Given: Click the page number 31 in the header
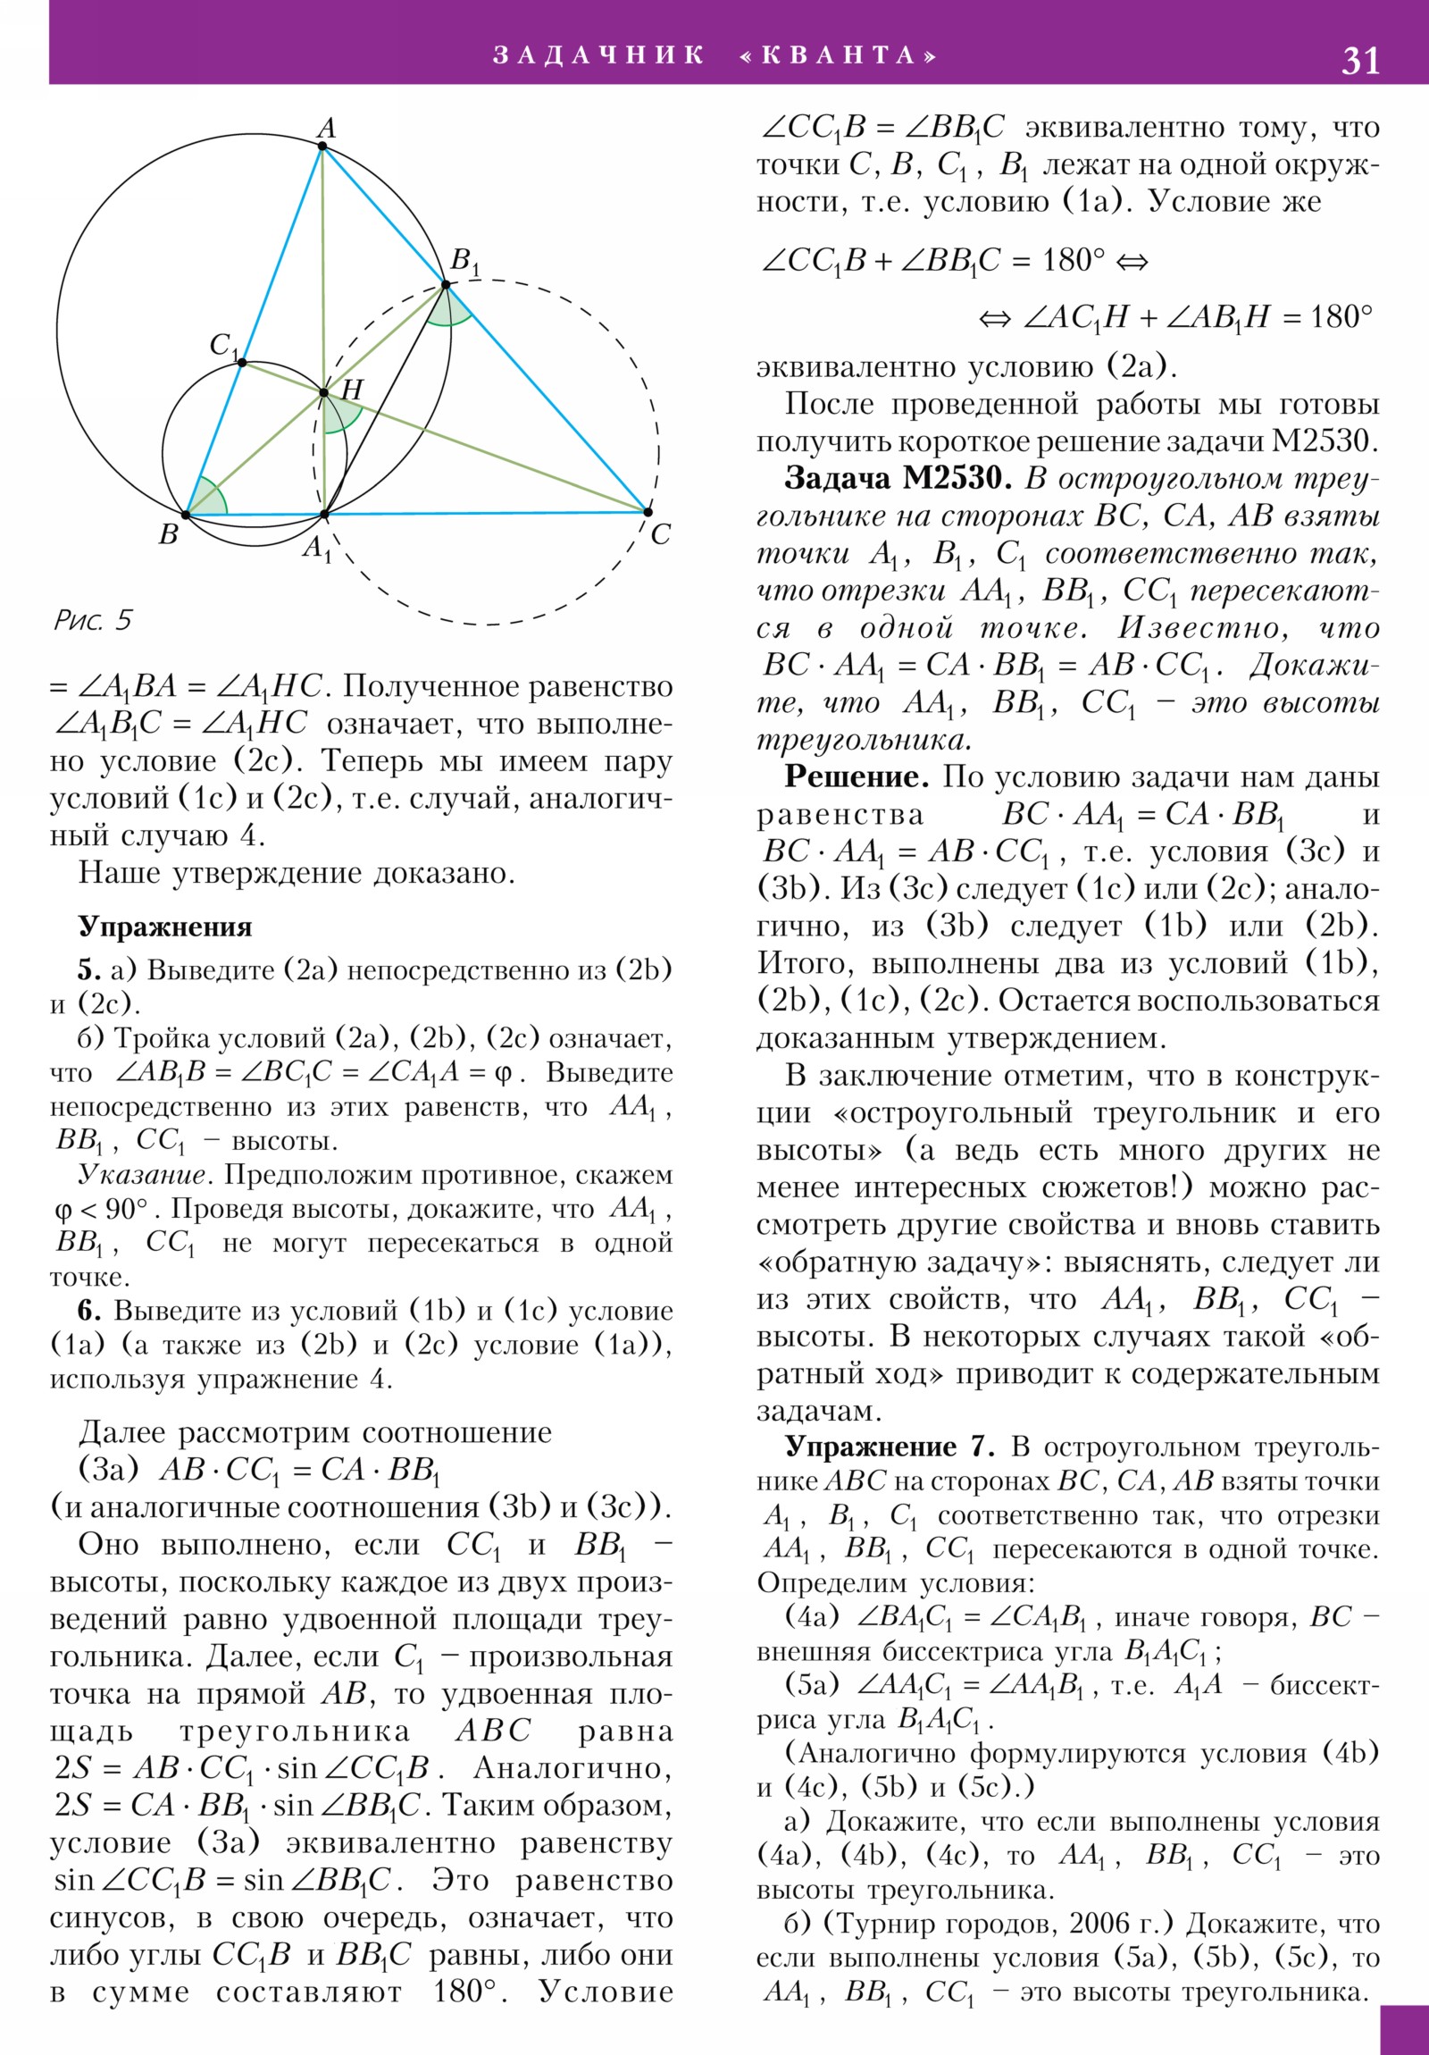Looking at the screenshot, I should pos(1359,60).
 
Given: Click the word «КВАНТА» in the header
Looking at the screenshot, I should pos(839,55).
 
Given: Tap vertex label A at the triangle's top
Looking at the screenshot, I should pos(326,128).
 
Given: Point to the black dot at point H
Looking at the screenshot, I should pos(324,392).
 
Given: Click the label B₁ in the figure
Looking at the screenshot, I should pos(464,263).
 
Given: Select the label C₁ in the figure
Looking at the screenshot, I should pos(223,346).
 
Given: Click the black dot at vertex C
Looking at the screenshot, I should pos(647,512).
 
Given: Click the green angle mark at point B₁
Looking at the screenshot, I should pos(448,310).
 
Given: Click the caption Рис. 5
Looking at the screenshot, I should pos(92,619).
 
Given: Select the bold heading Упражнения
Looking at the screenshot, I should pos(164,927).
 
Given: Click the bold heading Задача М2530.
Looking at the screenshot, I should pos(897,478).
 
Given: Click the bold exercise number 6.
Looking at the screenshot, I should pos(88,1311).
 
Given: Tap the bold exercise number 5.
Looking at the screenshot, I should pos(88,969).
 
